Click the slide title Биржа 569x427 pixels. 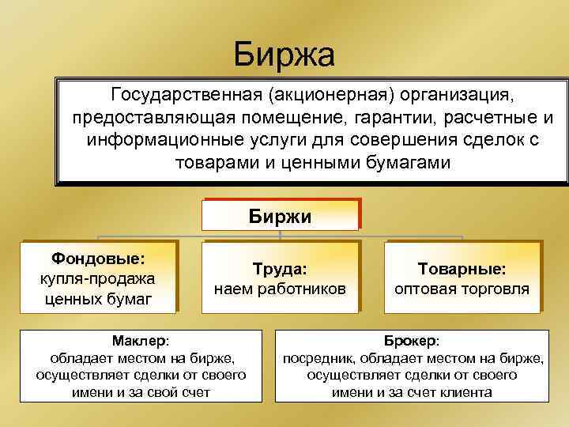(x=284, y=55)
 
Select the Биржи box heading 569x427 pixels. (x=281, y=216)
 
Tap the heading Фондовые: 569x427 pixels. (x=98, y=258)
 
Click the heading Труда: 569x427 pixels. (x=280, y=269)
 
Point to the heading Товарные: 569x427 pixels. (x=462, y=269)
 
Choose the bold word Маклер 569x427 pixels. (x=138, y=341)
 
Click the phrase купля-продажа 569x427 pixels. (x=96, y=278)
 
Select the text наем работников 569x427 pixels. (x=280, y=289)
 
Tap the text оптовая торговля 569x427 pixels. (x=462, y=289)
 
